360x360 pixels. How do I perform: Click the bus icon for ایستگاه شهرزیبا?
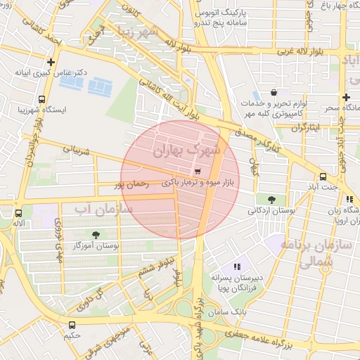[42, 99]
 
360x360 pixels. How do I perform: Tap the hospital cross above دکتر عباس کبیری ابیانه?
[51, 62]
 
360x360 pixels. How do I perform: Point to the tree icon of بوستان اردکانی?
[272, 199]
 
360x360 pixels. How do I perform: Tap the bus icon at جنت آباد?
[323, 176]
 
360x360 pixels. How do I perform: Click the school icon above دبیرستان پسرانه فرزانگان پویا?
[237, 266]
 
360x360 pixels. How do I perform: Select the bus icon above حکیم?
[72, 325]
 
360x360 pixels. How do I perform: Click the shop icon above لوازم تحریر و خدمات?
[274, 92]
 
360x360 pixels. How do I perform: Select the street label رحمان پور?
[131, 185]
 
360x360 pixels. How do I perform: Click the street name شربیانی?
[77, 150]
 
